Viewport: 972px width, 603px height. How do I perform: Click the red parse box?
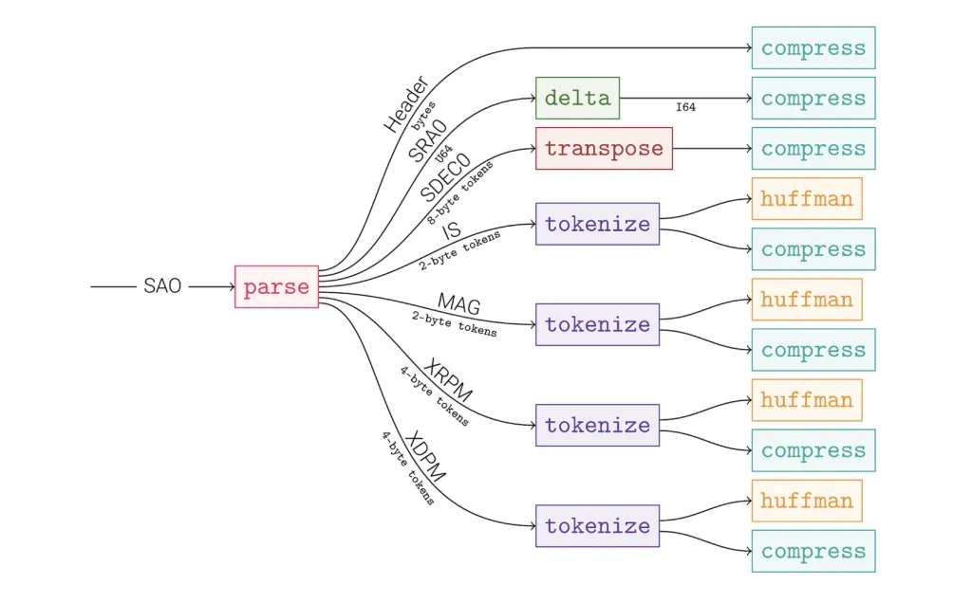tap(276, 286)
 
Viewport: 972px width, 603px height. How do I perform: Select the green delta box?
tap(577, 99)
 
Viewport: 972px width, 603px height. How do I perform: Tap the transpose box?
tap(604, 149)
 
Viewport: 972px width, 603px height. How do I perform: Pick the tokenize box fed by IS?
tap(597, 225)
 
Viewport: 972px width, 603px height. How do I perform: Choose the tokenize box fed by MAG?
tap(597, 324)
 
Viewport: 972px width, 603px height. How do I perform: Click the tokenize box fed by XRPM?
tap(597, 425)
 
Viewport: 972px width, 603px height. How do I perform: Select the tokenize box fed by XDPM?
tap(597, 525)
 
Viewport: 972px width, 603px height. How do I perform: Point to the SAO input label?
tap(162, 285)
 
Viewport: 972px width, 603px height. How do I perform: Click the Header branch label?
tap(406, 103)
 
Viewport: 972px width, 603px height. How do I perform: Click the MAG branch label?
tap(458, 304)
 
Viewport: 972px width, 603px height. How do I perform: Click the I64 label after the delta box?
tap(685, 108)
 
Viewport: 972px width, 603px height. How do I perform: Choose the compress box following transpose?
tap(813, 149)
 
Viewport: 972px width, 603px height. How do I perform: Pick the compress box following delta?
tap(813, 99)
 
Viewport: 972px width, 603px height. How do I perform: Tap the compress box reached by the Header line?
tap(813, 48)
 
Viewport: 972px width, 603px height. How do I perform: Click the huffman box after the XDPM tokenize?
tap(807, 501)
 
